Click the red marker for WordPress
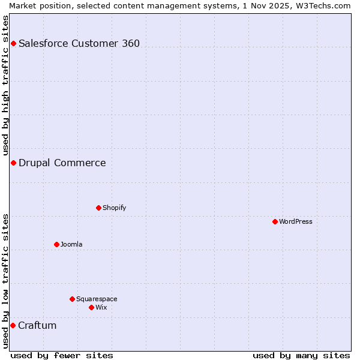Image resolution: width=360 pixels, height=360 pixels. click(x=275, y=221)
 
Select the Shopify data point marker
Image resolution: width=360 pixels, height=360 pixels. click(x=98, y=208)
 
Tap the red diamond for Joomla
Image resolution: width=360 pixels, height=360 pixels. click(x=56, y=244)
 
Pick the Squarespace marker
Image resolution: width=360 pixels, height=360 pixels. click(x=72, y=299)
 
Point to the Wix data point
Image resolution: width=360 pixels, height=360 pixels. click(x=91, y=307)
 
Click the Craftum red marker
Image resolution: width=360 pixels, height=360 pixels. click(x=13, y=325)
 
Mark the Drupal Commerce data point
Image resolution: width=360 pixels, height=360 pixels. click(x=13, y=163)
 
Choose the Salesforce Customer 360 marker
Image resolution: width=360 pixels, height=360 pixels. click(x=13, y=43)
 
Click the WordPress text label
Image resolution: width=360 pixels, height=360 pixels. click(x=296, y=221)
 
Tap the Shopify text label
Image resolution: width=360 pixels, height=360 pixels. click(x=114, y=208)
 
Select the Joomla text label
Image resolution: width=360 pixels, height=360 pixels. click(x=71, y=244)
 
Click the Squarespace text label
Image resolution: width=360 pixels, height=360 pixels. click(x=97, y=299)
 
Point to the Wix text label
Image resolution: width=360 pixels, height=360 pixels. click(x=101, y=307)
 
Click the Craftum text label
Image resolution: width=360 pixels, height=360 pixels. click(x=37, y=325)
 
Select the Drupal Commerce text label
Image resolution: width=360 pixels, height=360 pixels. click(x=62, y=163)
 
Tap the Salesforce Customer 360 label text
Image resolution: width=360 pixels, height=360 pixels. click(x=79, y=43)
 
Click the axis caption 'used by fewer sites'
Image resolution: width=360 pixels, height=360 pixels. click(x=62, y=355)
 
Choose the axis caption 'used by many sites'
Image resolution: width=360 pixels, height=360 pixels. click(x=301, y=355)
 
